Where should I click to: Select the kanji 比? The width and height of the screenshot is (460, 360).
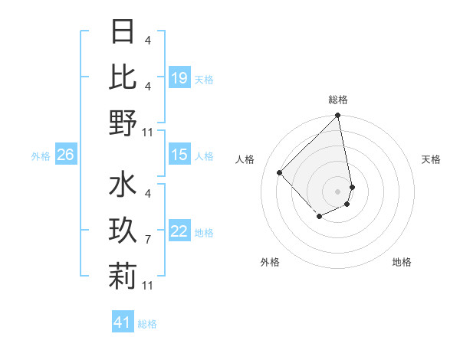123,78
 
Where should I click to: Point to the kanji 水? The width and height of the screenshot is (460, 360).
123,185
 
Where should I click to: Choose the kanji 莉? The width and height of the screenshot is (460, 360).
123,276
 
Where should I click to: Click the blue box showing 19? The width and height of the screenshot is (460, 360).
179,78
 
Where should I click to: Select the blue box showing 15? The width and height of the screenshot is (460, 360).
179,155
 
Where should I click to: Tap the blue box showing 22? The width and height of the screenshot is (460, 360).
179,231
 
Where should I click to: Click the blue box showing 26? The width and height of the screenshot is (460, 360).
66,155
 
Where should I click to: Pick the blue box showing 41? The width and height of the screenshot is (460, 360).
123,322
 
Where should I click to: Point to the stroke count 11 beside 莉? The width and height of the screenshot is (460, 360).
148,286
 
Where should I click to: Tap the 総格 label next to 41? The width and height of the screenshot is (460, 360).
147,324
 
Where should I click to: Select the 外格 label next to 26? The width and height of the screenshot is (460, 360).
41,156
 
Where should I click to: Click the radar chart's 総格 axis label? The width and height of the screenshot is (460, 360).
338,100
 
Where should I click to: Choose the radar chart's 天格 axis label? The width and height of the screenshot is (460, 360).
431,159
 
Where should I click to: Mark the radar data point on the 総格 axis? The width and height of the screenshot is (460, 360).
338,116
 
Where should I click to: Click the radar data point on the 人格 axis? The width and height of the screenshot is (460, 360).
280,172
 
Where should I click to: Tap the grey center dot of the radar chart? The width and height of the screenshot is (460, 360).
338,191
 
